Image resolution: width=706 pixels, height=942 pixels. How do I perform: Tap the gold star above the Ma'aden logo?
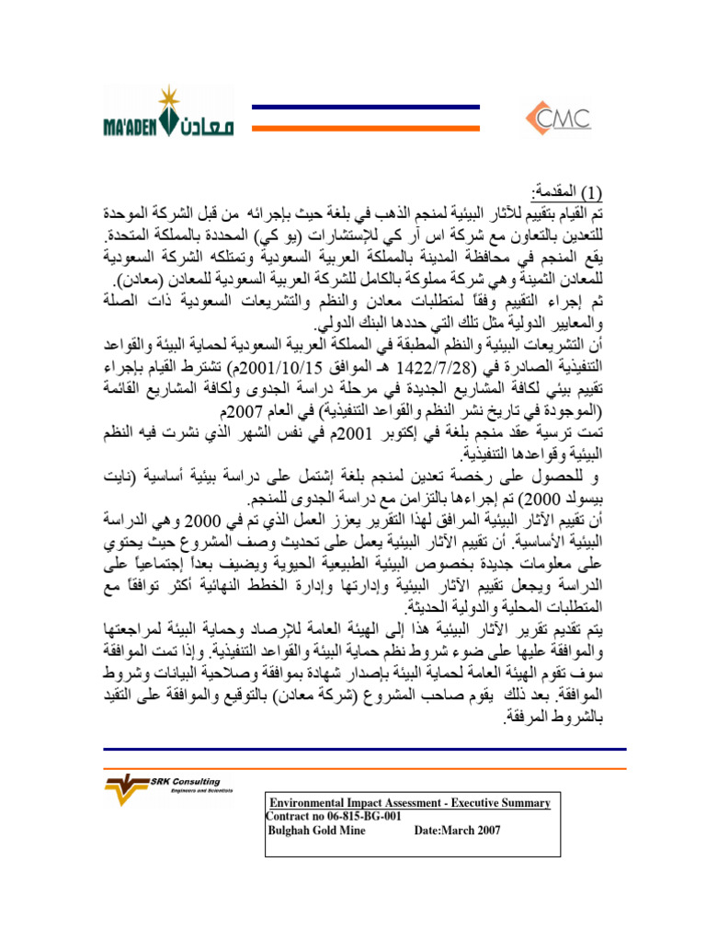tap(168, 97)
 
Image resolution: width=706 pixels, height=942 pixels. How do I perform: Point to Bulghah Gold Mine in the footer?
tap(316, 830)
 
